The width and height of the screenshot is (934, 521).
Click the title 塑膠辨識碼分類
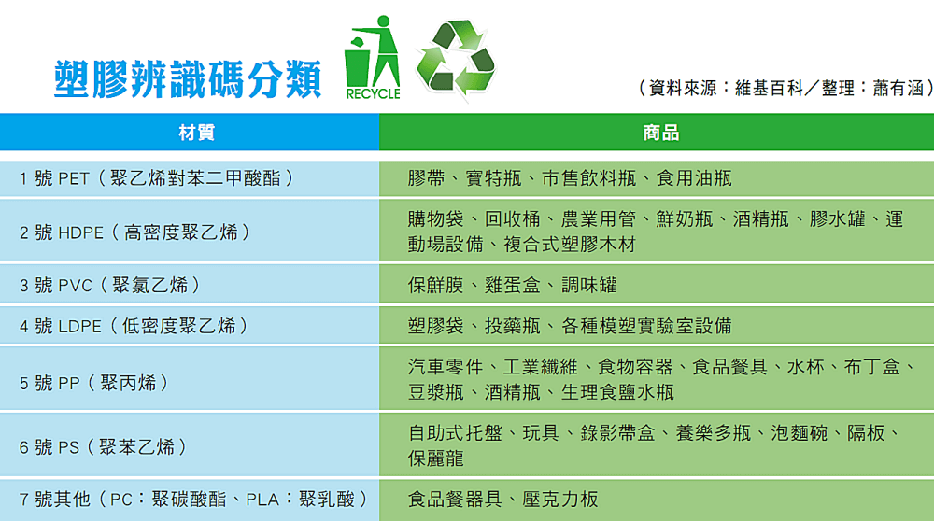187,79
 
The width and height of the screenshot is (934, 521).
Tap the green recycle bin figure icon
372,58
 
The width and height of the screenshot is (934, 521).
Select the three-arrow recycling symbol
455,58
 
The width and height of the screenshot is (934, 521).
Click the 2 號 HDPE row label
135,232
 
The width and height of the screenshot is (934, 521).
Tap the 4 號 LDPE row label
134,326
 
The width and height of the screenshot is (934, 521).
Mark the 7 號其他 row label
188,499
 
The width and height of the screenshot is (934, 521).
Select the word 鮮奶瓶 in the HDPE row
684,219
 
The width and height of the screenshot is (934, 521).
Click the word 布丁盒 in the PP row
873,366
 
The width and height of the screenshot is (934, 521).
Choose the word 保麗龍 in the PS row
436,458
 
